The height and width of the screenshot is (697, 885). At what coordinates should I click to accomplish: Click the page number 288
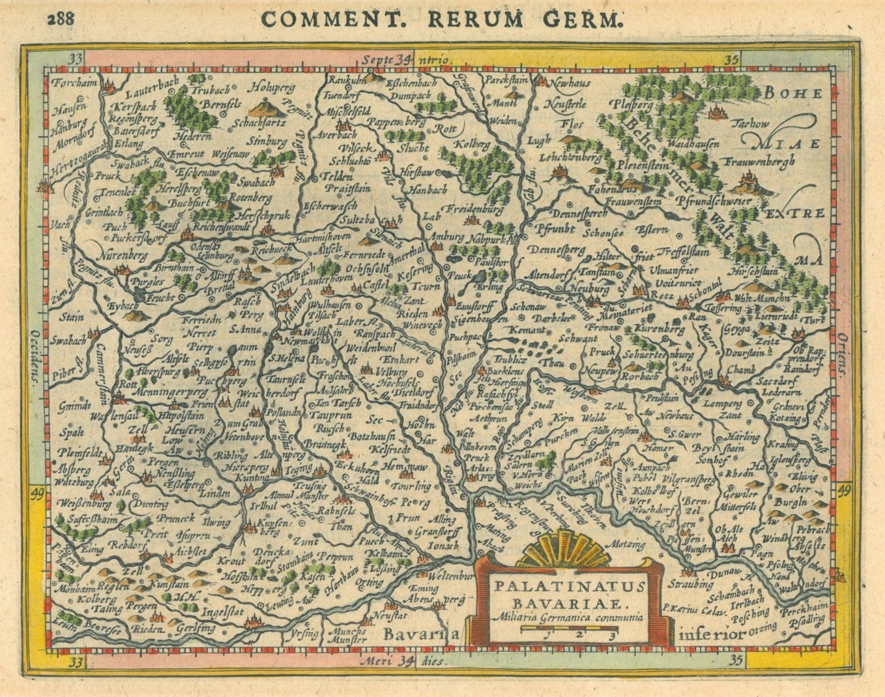[61, 18]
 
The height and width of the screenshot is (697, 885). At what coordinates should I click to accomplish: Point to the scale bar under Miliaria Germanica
[570, 630]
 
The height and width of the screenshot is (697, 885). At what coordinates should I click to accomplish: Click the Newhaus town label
[571, 83]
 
